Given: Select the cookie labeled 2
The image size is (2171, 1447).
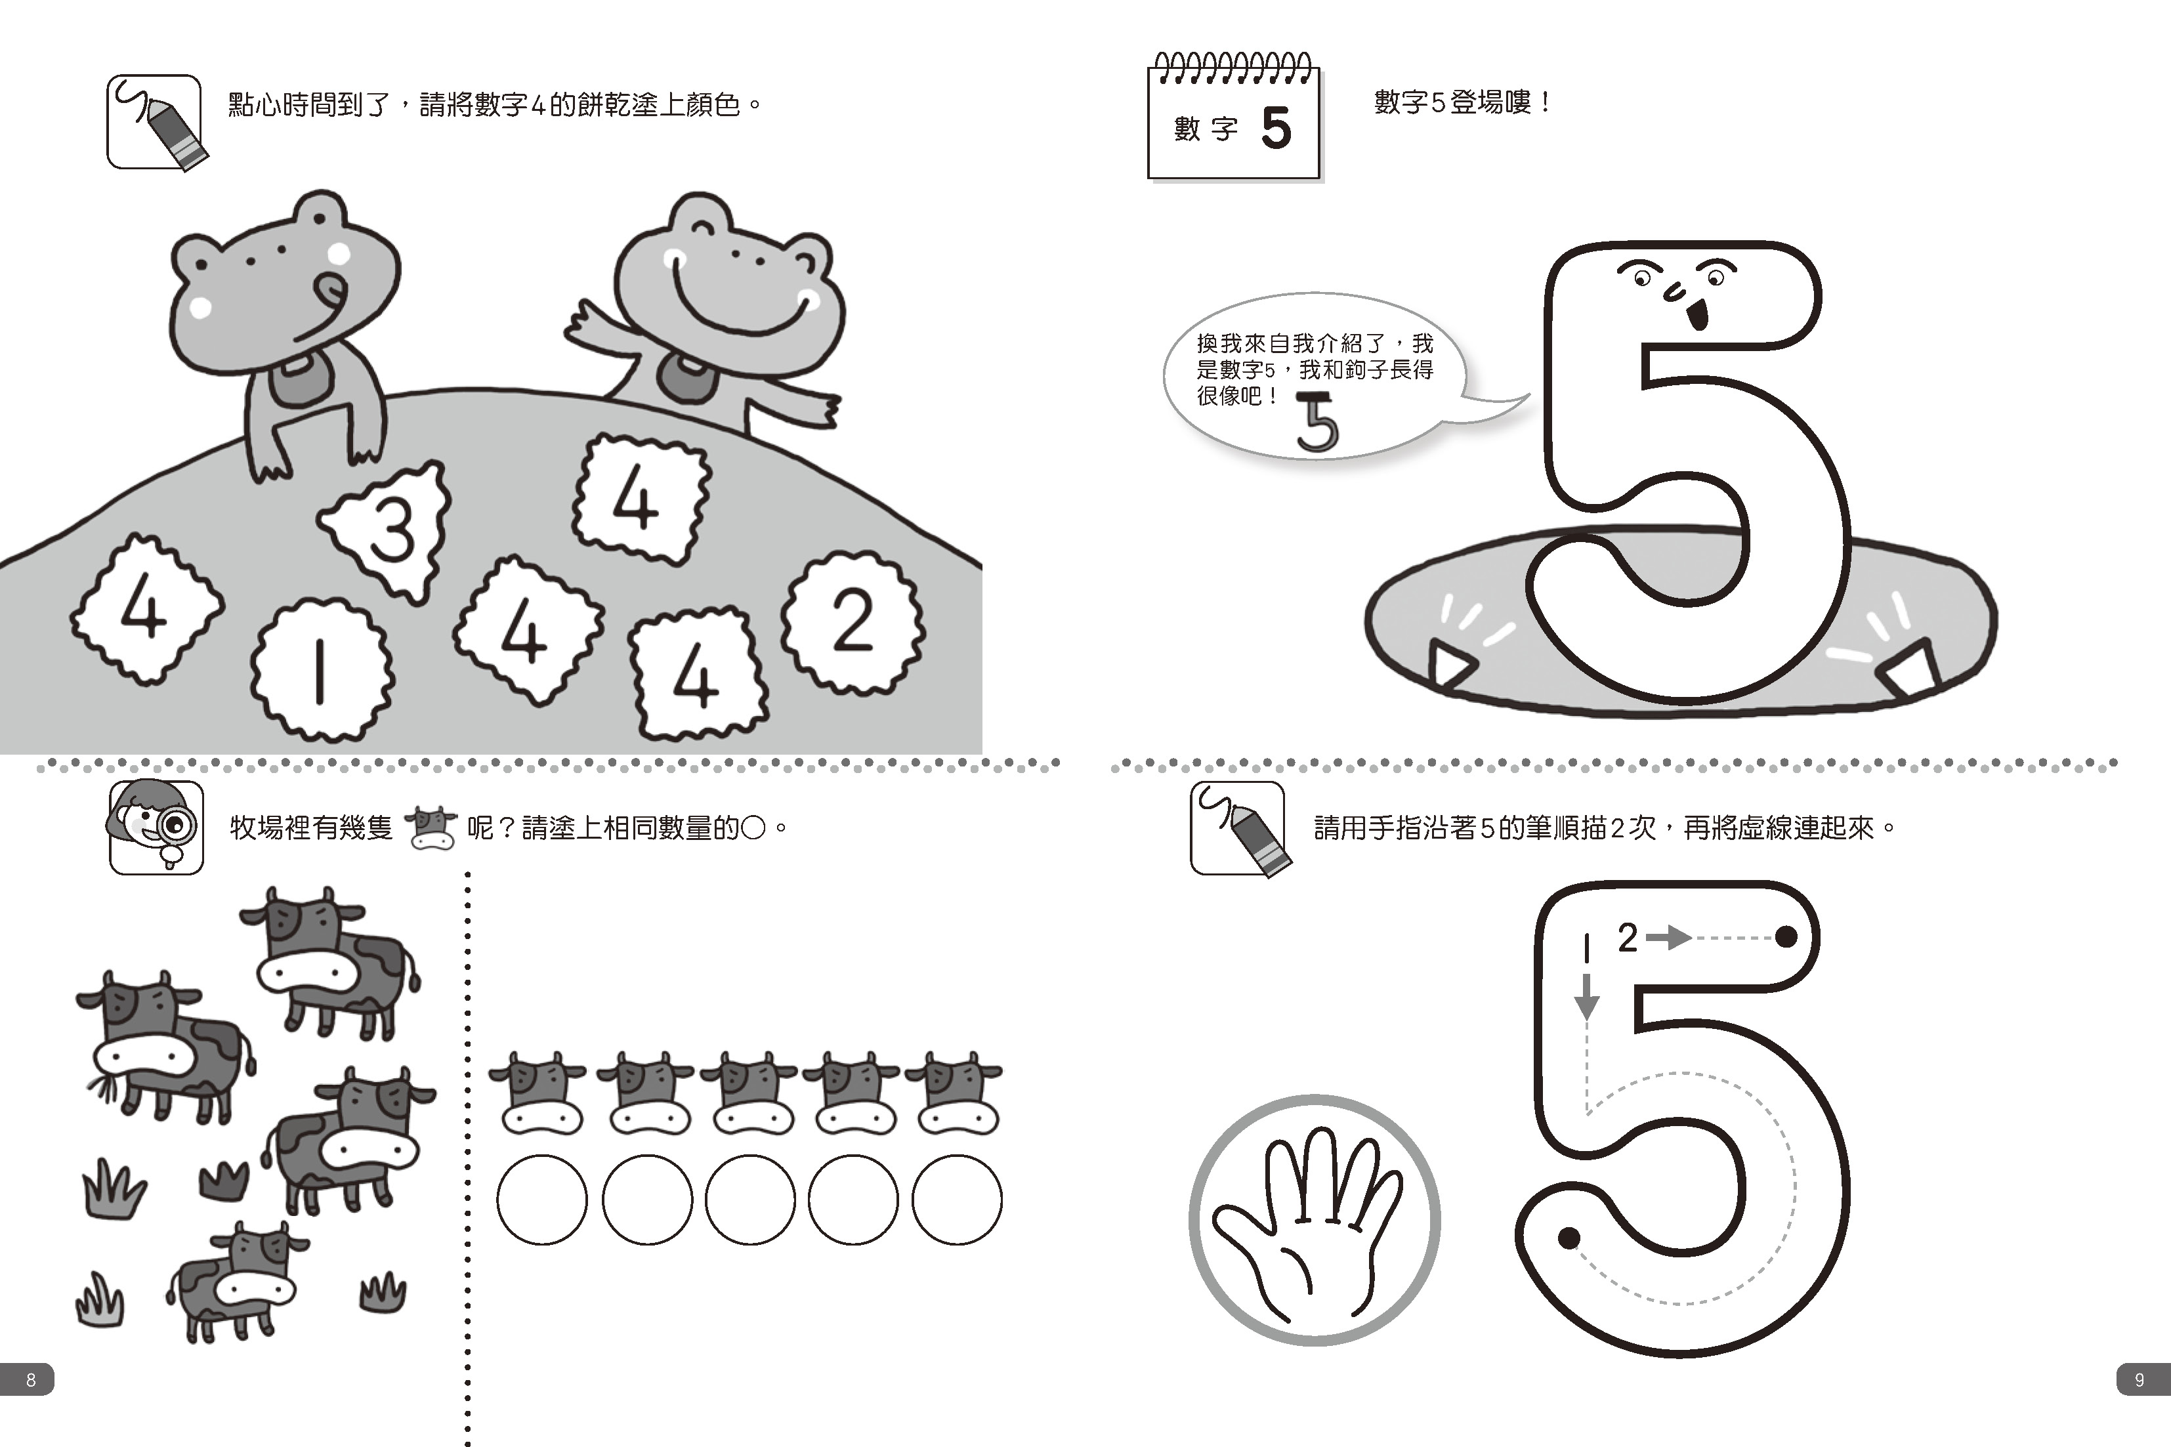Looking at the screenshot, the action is [x=853, y=623].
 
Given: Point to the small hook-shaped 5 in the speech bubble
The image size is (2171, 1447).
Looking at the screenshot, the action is [x=1317, y=423].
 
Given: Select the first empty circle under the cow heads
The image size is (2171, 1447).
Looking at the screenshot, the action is [x=541, y=1200].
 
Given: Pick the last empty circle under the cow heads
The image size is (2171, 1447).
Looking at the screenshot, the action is [x=957, y=1200].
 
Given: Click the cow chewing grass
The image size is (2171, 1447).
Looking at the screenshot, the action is [x=164, y=1045].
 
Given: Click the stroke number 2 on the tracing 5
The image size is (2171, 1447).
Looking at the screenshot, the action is [x=1628, y=938].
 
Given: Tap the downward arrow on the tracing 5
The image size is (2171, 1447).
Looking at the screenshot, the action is [x=1586, y=997].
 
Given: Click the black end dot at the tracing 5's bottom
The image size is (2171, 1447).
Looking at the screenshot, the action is [x=1569, y=1238].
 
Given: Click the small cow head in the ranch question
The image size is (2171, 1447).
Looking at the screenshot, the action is [x=431, y=826].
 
